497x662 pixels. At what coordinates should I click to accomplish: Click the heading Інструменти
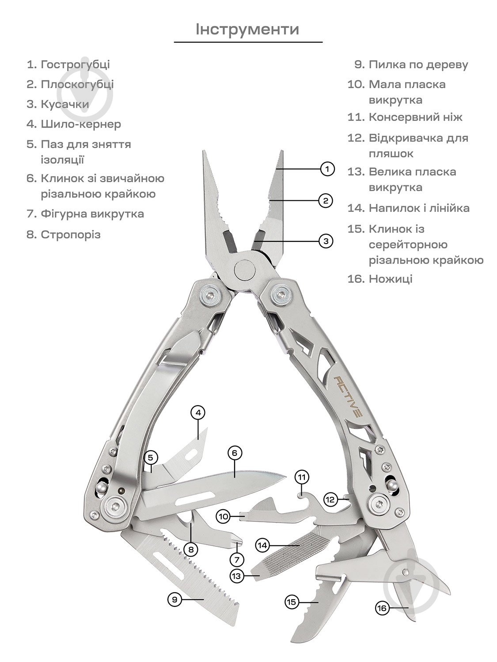(x=248, y=29)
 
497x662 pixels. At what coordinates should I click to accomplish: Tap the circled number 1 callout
(x=327, y=169)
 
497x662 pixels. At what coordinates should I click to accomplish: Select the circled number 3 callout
(x=326, y=241)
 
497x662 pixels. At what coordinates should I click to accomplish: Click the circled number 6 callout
(x=235, y=453)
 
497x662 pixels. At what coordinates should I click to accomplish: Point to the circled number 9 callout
(x=175, y=599)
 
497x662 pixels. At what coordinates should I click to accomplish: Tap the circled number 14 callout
(x=263, y=545)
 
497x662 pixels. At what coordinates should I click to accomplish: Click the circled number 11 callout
(x=302, y=477)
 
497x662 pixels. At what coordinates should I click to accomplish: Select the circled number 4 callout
(x=198, y=413)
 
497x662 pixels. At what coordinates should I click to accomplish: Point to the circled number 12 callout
(x=331, y=500)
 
